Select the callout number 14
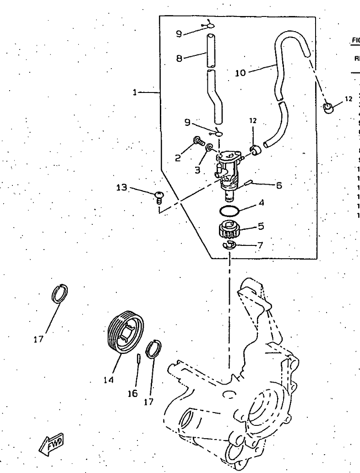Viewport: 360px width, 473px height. click(109, 380)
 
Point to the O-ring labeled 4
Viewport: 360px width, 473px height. click(229, 211)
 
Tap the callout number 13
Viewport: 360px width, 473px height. click(122, 187)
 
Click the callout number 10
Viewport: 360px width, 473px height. click(240, 72)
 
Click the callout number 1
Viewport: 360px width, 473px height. click(135, 92)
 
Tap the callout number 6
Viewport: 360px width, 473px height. click(278, 185)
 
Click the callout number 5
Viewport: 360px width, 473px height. click(261, 226)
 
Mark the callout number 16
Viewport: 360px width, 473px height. click(132, 394)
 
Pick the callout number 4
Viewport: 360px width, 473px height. click(261, 202)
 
